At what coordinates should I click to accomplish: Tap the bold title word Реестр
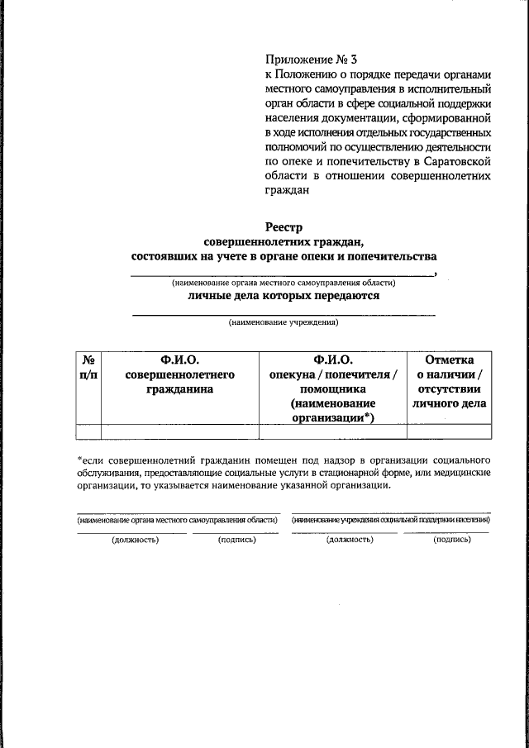pos(285,226)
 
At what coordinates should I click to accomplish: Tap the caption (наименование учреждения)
pos(284,323)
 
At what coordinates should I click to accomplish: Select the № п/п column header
pos(88,366)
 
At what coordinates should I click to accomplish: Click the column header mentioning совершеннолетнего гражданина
pos(179,374)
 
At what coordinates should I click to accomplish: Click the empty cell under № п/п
pos(88,431)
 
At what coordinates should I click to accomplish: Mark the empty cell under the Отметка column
pos(448,431)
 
